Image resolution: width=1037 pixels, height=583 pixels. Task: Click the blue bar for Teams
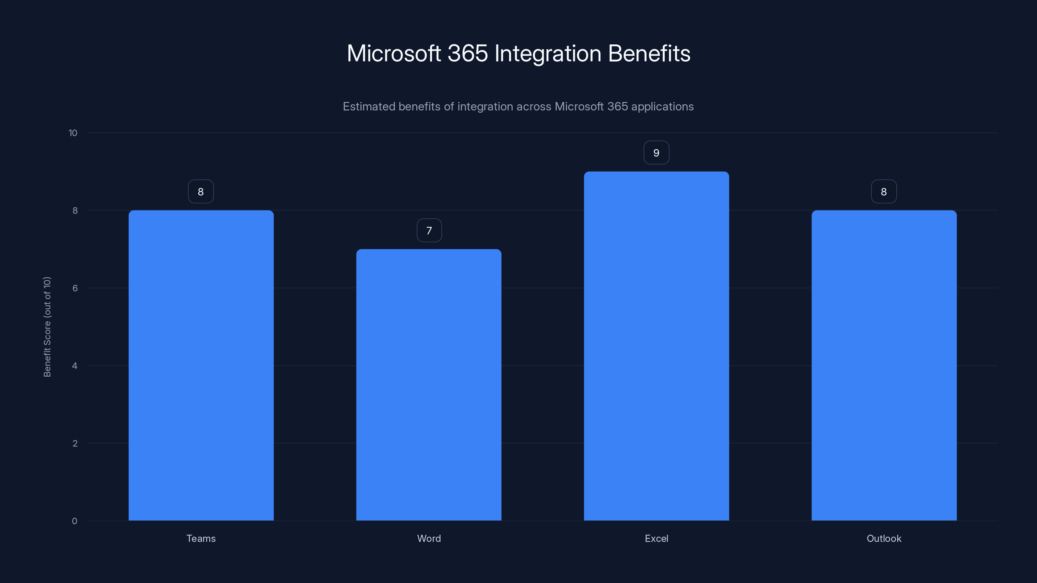pos(201,365)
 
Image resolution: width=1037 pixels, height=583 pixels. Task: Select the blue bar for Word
pos(429,385)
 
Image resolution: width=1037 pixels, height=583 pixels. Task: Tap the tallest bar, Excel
pos(656,346)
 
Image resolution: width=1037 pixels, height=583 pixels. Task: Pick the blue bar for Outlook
pos(884,365)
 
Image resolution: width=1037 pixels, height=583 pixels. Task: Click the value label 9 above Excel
pos(656,153)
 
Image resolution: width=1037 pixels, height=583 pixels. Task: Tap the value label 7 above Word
pos(429,231)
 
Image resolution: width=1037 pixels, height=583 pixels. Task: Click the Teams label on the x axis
pos(201,538)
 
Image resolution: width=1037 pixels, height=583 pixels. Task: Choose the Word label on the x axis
pos(429,538)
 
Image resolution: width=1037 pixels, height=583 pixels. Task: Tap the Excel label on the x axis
pos(656,538)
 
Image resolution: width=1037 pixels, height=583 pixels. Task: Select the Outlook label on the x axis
pos(884,538)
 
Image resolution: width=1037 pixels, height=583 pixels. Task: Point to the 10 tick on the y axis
pos(73,133)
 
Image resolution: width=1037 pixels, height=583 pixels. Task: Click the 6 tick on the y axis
pos(75,288)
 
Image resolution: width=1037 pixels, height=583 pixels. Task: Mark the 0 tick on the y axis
pos(75,521)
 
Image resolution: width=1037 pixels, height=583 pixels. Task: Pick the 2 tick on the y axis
pos(75,443)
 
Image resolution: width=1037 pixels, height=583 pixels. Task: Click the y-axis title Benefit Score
pos(47,327)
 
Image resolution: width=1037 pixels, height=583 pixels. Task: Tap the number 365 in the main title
pos(468,53)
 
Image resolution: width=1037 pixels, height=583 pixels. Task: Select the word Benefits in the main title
pos(649,53)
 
